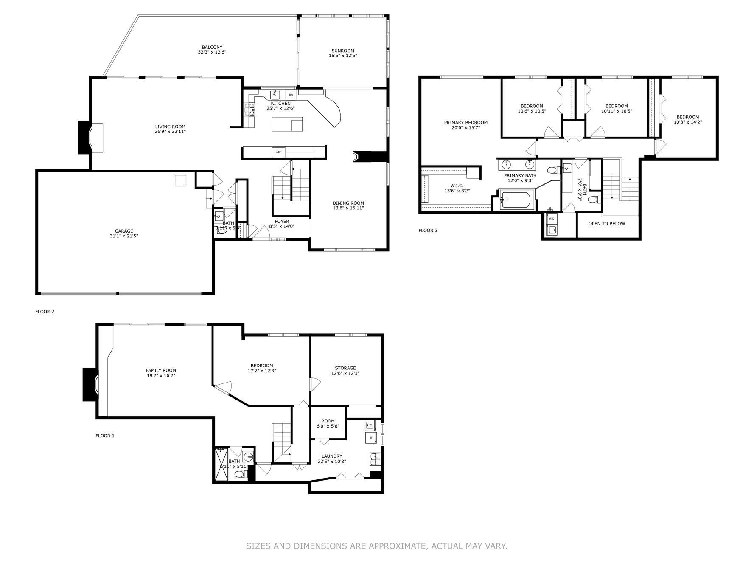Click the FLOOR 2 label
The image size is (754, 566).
45,312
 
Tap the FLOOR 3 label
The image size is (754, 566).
428,231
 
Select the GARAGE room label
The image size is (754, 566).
124,231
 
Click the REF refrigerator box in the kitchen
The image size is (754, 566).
278,152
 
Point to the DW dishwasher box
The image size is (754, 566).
291,95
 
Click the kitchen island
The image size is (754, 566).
287,124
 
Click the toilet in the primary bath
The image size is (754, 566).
552,171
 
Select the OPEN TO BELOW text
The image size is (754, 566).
606,224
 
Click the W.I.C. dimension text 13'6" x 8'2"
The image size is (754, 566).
457,191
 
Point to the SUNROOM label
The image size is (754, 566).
343,51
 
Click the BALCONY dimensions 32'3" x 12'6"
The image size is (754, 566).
212,52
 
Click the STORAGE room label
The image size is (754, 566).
345,368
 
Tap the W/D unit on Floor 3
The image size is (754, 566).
552,219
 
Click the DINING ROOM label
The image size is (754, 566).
348,203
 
